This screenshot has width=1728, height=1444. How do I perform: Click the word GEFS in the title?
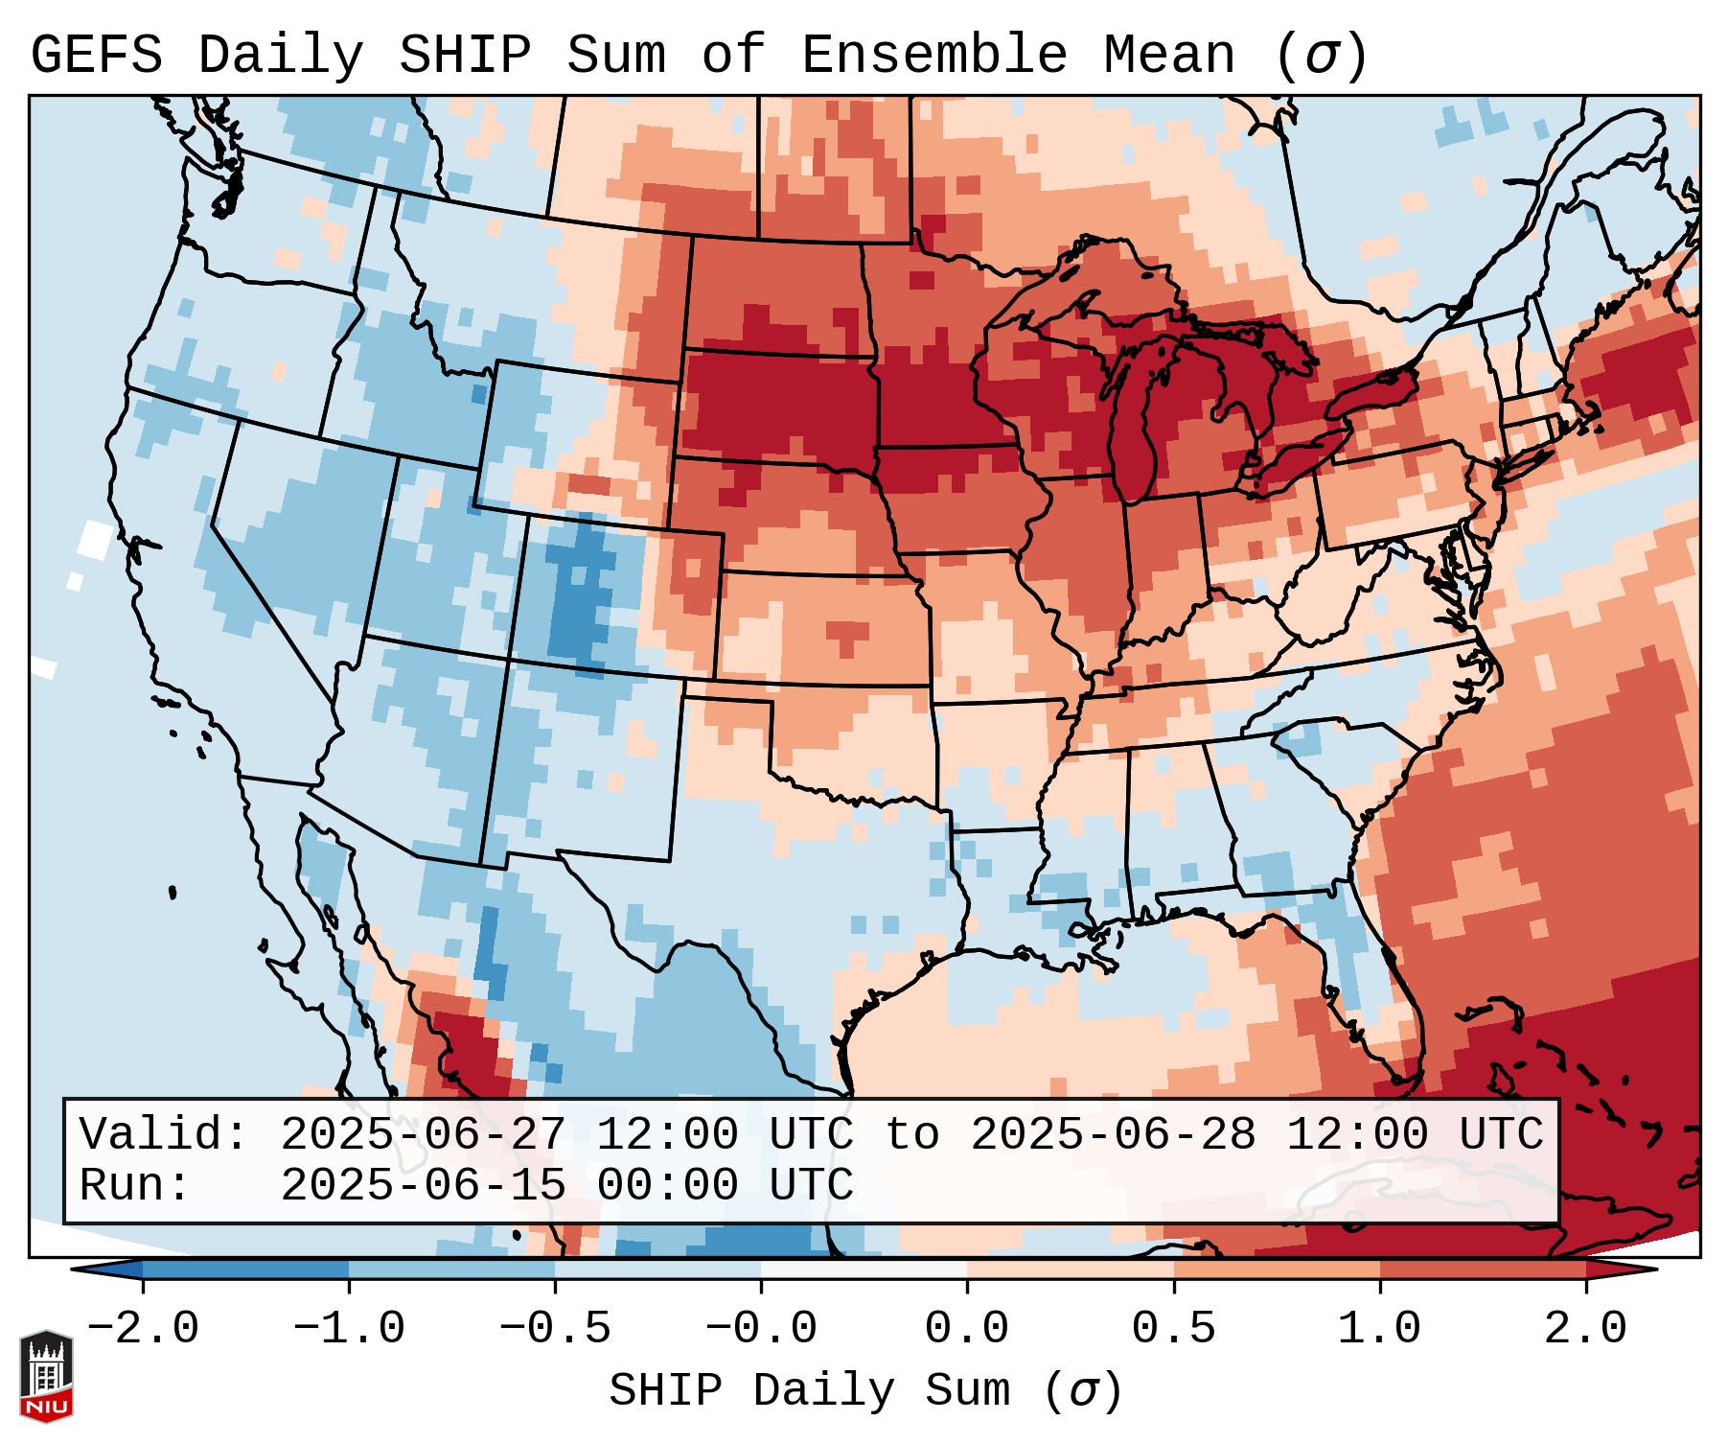96,55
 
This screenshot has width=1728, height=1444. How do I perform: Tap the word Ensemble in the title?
933,55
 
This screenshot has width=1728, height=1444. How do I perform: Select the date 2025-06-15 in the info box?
423,1185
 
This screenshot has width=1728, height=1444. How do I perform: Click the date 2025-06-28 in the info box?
1113,1135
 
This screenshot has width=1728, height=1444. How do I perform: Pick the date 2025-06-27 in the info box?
423,1135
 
